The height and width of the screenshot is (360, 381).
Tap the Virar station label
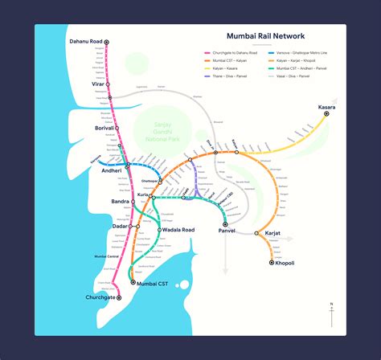pos(98,84)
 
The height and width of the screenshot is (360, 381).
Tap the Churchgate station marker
pos(120,297)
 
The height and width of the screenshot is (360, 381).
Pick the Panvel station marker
pos(225,223)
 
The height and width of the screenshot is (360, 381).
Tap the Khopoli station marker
pos(272,262)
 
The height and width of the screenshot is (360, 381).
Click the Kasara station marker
pos(327,115)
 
